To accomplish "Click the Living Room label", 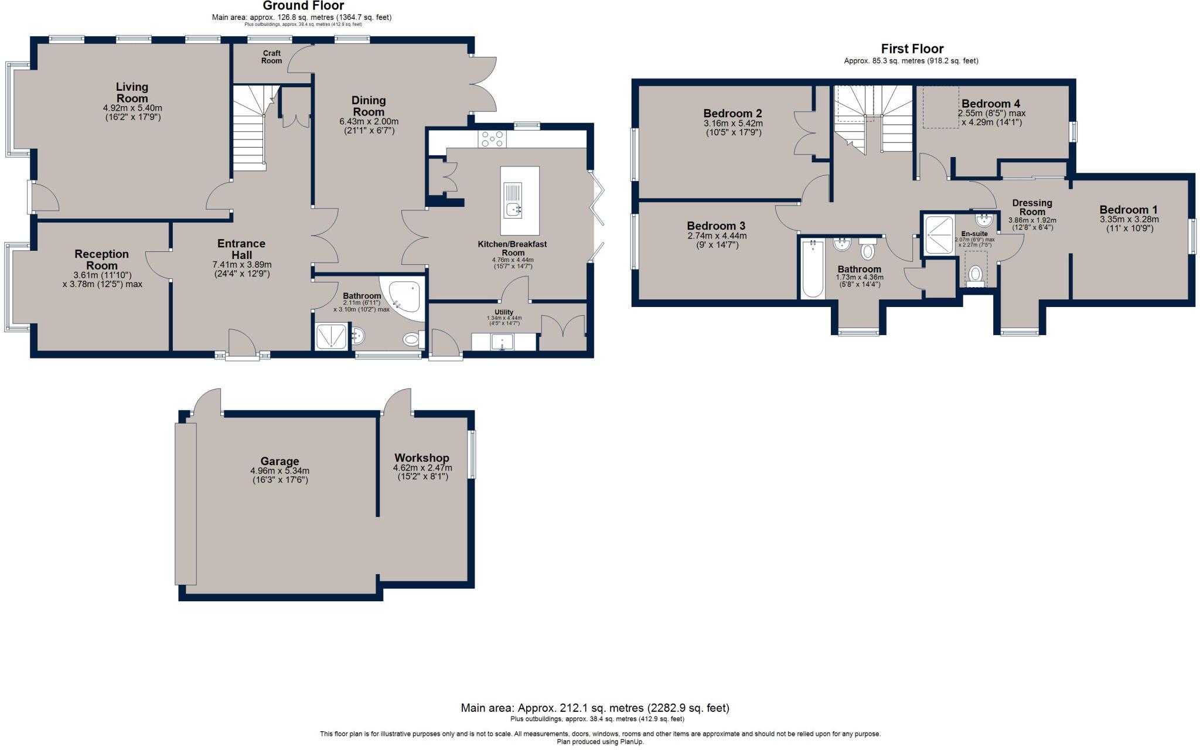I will coord(132,93).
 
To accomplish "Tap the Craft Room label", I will coord(271,57).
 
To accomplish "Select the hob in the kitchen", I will coord(493,139).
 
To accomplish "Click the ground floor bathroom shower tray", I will coord(332,337).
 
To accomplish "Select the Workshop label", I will coord(421,458).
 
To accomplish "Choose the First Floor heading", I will coord(912,49).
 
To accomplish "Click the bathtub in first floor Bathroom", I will coord(813,269).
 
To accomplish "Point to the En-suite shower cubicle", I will coord(939,234).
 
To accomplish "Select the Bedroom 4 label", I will coord(991,104).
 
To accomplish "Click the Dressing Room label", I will coord(1032,207).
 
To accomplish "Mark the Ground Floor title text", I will coord(303,6).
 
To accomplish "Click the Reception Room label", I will coord(101,260).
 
